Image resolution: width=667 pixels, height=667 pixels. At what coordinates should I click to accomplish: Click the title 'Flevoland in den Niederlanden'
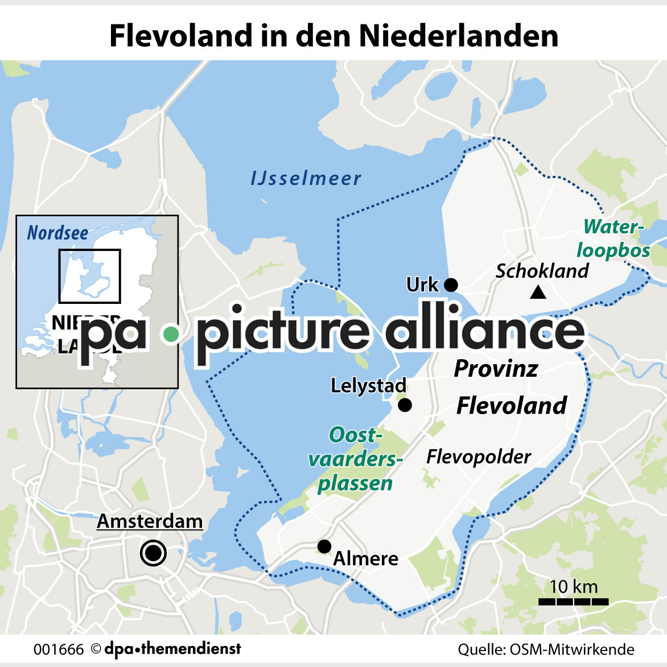(333, 35)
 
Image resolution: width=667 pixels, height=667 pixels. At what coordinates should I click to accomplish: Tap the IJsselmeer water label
(306, 178)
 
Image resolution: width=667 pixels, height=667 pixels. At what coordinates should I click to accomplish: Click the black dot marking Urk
(451, 285)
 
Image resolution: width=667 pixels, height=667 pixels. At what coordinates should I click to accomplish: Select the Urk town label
(422, 285)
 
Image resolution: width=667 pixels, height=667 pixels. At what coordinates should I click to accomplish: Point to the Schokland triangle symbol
(538, 293)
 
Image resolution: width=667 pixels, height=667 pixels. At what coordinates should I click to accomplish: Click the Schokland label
(542, 271)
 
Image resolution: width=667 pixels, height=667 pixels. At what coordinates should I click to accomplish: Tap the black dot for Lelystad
(405, 405)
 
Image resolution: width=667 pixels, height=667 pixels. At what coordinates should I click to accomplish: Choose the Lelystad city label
(368, 386)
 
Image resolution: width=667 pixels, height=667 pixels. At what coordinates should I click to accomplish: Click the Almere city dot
(324, 546)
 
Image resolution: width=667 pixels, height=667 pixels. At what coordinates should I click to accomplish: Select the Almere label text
(365, 558)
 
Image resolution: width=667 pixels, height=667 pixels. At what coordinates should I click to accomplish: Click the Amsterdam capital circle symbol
(153, 553)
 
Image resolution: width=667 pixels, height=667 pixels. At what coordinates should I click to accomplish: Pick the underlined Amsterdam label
(150, 521)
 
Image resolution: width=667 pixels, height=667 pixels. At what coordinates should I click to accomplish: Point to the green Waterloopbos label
(614, 238)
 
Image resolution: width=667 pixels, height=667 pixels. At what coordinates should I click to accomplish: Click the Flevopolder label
(478, 456)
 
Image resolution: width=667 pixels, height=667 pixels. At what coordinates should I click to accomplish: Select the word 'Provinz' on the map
(496, 369)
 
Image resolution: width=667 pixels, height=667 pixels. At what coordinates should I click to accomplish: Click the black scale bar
(573, 602)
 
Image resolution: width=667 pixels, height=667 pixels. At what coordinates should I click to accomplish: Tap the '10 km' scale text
(573, 586)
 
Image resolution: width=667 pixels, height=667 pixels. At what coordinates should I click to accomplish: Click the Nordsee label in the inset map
(57, 233)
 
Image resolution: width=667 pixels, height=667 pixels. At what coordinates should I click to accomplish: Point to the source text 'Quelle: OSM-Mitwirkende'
(546, 649)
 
